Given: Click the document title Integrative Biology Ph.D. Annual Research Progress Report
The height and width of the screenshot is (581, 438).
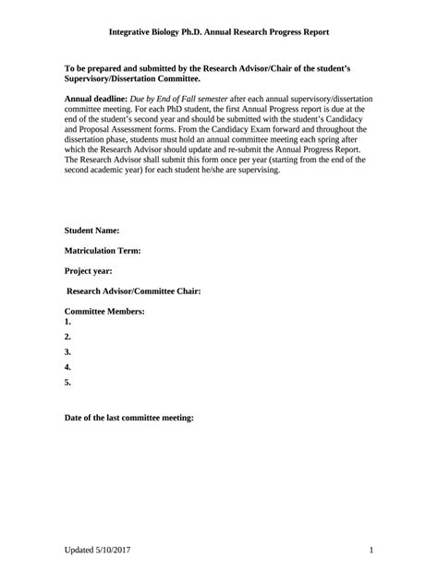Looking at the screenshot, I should point(219,31).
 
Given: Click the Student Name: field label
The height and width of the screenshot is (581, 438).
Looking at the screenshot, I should point(91,230).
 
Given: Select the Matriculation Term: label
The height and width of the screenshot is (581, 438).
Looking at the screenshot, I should point(102,250).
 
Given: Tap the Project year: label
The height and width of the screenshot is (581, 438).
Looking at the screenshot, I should point(89,270).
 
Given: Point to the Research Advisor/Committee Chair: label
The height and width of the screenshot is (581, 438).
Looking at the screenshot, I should point(134,290).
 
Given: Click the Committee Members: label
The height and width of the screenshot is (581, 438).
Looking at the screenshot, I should point(104,312).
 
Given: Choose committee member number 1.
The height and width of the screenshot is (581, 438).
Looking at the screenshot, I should point(67,323).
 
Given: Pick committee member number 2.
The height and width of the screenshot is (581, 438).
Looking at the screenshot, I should point(67,338).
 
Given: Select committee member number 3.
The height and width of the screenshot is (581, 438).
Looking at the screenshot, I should point(67,352).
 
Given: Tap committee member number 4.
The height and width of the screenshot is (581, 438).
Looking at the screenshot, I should point(67,367).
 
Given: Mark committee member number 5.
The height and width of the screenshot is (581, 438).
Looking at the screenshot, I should point(67,382).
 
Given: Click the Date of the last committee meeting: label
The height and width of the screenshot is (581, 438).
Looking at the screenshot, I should point(128,418).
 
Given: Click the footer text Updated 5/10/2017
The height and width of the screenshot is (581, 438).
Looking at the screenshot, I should point(98,551).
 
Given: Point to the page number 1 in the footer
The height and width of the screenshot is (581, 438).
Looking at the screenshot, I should point(370,551).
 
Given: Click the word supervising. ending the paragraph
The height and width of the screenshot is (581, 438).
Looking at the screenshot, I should point(257,171).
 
